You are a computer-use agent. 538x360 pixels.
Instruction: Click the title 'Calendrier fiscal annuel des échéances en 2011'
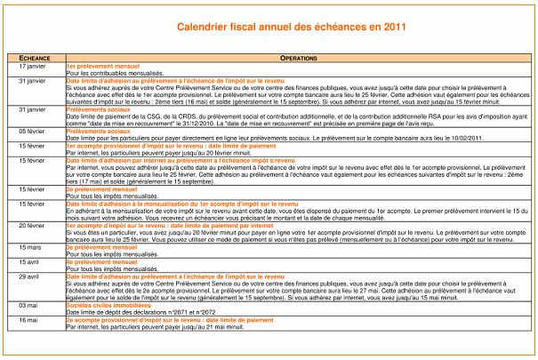click(x=279, y=28)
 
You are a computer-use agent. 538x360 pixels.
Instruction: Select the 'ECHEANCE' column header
click(x=34, y=57)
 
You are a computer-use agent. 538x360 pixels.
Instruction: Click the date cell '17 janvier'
click(x=32, y=67)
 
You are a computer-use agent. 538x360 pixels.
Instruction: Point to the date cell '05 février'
click(x=32, y=132)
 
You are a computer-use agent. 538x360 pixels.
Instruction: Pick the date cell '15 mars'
click(x=32, y=246)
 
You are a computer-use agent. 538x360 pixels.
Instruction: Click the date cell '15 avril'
click(x=32, y=261)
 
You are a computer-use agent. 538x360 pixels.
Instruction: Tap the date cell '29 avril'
click(x=32, y=276)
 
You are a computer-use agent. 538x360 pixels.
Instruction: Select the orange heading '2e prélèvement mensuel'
click(x=99, y=189)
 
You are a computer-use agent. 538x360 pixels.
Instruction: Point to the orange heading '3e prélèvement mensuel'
click(x=99, y=246)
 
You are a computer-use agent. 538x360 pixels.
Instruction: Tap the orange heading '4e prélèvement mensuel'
click(x=99, y=261)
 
